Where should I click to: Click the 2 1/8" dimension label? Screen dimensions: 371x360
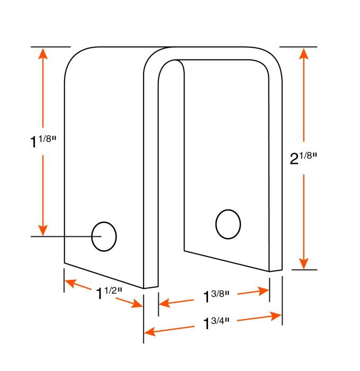303,158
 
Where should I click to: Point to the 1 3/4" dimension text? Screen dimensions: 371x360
217,323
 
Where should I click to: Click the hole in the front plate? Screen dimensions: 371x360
104,236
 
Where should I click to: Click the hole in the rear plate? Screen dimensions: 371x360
228,224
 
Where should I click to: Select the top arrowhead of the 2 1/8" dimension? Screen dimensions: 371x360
303,54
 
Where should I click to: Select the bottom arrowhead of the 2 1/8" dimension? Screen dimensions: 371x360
303,263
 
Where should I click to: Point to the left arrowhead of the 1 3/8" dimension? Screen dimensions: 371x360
164,304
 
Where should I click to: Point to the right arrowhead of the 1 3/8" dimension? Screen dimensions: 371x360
264,290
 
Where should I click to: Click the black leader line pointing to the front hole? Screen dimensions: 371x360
61,236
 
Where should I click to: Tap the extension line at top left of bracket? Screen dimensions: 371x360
50,47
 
